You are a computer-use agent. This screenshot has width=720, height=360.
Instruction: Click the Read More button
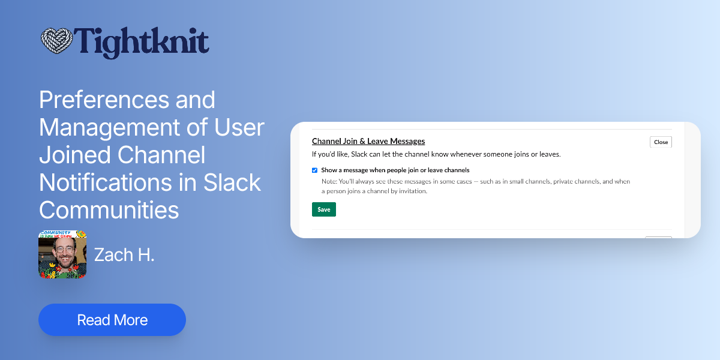(112, 320)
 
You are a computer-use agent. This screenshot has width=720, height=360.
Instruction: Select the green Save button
(324, 209)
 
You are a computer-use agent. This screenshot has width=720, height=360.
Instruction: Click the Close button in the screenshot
(661, 142)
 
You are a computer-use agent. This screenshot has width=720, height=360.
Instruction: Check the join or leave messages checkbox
(314, 170)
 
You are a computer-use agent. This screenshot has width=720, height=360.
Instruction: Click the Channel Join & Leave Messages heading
(368, 142)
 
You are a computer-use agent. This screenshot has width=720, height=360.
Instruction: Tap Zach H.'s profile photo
(62, 254)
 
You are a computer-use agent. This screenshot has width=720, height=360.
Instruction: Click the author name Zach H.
(124, 254)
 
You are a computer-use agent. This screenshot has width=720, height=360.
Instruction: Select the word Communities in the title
(109, 210)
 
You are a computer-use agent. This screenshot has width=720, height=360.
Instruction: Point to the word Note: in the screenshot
(329, 181)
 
